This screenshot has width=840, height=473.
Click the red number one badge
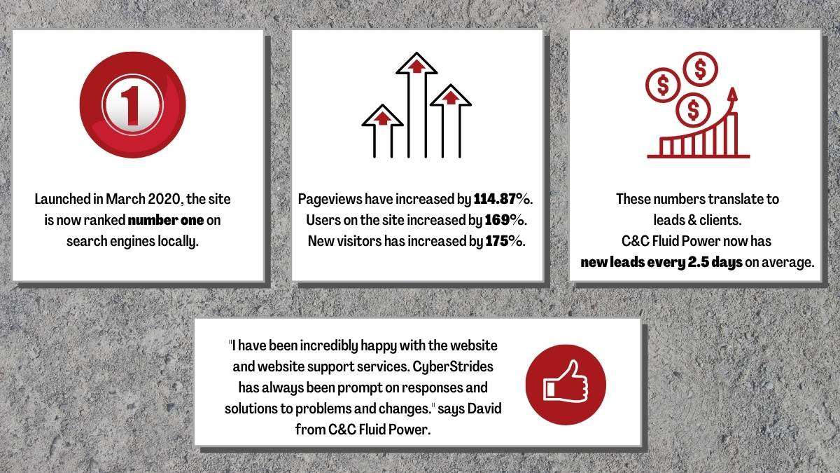point(133,104)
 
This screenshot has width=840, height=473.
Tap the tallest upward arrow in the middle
point(416,104)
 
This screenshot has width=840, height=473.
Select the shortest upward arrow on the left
point(382,130)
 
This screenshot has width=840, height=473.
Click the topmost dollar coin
point(700,69)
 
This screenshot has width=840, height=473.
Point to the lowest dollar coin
point(694,110)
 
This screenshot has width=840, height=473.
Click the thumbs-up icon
point(566,385)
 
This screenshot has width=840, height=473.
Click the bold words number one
point(166,220)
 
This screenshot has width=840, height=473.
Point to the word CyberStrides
point(453,366)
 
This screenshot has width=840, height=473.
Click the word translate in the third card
point(733,199)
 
